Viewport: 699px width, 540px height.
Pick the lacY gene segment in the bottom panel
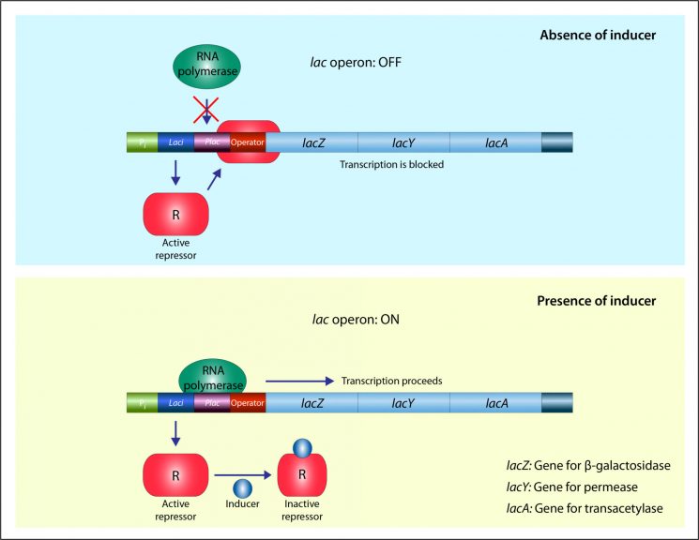pyautogui.click(x=403, y=404)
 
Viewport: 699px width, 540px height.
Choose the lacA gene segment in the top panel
pyautogui.click(x=495, y=142)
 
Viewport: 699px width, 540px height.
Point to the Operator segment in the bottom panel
pyautogui.click(x=248, y=404)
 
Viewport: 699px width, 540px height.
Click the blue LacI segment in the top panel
pyautogui.click(x=175, y=142)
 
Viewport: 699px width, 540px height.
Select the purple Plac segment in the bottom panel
pyautogui.click(x=212, y=404)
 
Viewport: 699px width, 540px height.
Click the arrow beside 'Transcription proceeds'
pyautogui.click(x=299, y=382)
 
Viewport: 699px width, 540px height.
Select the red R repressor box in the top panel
pyautogui.click(x=175, y=213)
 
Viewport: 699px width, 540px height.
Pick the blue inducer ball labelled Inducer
pyautogui.click(x=241, y=488)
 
